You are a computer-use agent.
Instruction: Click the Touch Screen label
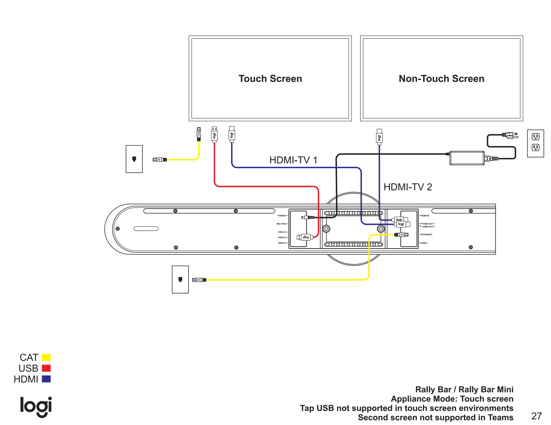pyautogui.click(x=270, y=79)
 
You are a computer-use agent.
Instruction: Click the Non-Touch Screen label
pyautogui.click(x=441, y=79)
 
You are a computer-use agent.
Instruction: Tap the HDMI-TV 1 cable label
pyautogui.click(x=293, y=160)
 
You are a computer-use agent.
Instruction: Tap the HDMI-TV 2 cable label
pyautogui.click(x=408, y=187)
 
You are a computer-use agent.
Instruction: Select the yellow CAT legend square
pyautogui.click(x=46, y=357)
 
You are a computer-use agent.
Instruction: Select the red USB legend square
pyautogui.click(x=46, y=368)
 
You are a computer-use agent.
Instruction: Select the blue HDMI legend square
pyautogui.click(x=46, y=379)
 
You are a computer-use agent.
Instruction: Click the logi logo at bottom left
pyautogui.click(x=36, y=406)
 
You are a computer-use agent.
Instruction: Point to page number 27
pyautogui.click(x=536, y=416)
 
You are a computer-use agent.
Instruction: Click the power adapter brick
pyautogui.click(x=467, y=158)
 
